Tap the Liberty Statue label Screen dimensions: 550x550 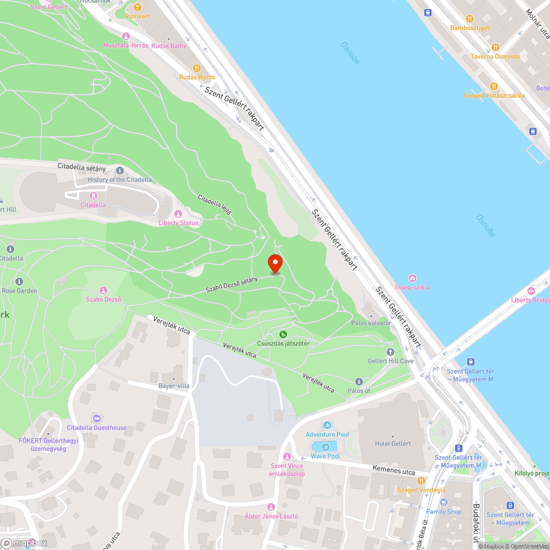178,223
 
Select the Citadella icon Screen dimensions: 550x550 93,195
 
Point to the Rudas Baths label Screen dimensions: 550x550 169,46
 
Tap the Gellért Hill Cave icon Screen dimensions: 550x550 391,351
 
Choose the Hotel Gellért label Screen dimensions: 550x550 393,444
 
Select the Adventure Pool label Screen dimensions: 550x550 327,435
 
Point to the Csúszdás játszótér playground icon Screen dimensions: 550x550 283,334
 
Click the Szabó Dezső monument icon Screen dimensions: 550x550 103,290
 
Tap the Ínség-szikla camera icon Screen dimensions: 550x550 413,278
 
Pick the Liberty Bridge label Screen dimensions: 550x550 530,300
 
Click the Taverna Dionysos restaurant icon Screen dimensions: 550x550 495,47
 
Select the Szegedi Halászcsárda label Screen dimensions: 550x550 493,95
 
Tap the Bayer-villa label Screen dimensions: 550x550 174,386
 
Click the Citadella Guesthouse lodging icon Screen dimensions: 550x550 97,419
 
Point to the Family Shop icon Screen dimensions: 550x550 444,502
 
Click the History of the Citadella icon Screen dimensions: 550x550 120,170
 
